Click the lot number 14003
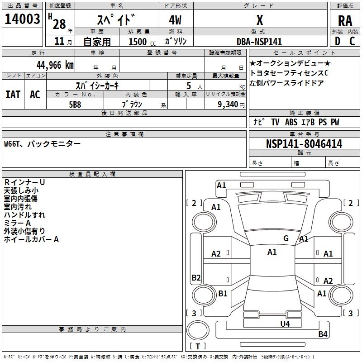[22, 19]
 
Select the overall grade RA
[345, 21]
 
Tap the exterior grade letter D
[338, 41]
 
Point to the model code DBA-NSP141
[259, 42]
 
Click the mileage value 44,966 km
[55, 65]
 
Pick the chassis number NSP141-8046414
[304, 144]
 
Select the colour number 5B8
[75, 105]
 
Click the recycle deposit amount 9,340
[228, 105]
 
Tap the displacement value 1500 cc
[142, 42]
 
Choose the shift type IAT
[13, 95]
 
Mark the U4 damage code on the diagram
[285, 324]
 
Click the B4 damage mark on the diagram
[323, 334]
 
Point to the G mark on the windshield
[286, 238]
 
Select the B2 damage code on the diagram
[196, 277]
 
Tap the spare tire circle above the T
[198, 330]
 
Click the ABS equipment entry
[291, 122]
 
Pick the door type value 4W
[175, 20]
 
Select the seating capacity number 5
[189, 86]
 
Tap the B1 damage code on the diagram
[223, 293]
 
